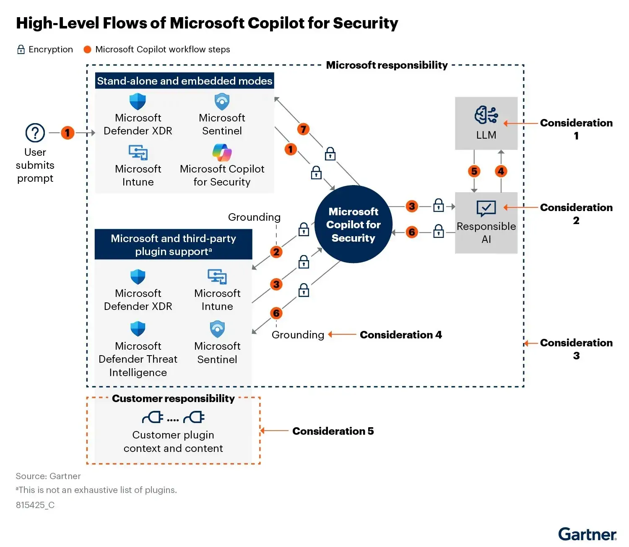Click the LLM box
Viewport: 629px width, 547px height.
click(x=486, y=123)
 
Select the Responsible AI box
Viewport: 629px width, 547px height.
click(x=486, y=223)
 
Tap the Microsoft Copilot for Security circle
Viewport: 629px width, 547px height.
click(x=353, y=224)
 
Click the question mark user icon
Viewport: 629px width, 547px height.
click(x=35, y=133)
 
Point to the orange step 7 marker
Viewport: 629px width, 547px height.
click(x=303, y=129)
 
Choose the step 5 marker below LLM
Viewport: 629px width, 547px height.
click(x=474, y=171)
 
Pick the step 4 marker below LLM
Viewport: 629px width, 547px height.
click(x=501, y=171)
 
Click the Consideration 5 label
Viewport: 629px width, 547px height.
click(x=333, y=431)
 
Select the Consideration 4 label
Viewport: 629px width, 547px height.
click(x=400, y=335)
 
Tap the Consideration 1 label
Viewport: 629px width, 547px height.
click(x=576, y=129)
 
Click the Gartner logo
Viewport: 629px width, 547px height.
click(x=587, y=534)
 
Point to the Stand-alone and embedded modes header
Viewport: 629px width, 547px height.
click(x=185, y=81)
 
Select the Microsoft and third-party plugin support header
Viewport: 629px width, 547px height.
click(x=173, y=245)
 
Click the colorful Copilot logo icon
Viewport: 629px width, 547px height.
click(x=222, y=152)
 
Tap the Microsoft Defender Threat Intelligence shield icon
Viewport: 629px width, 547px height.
click(x=138, y=329)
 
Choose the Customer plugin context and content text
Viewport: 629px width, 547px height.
click(x=173, y=441)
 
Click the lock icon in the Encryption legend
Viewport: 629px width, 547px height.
click(x=21, y=49)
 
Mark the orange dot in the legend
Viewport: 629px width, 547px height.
click(x=87, y=49)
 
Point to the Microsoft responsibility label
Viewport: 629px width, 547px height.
click(x=387, y=65)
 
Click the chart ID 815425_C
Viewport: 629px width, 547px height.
click(x=35, y=505)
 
